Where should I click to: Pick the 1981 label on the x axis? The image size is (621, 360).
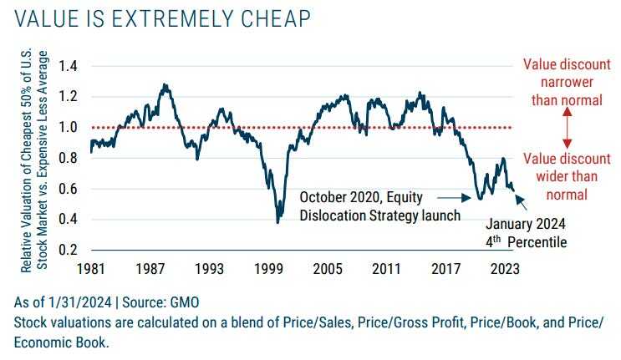click(x=90, y=271)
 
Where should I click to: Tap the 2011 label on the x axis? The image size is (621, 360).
click(x=387, y=271)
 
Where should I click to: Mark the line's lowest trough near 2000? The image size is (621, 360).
click(x=277, y=222)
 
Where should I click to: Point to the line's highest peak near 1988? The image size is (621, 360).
click(x=165, y=84)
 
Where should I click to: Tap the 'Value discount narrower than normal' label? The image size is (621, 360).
click(x=567, y=82)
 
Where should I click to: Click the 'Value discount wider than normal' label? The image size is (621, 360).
click(x=567, y=176)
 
